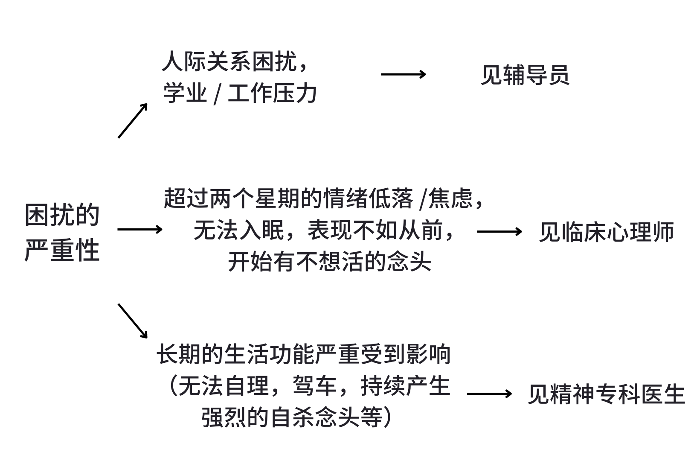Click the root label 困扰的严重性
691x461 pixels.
[62, 232]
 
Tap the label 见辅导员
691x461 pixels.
[525, 76]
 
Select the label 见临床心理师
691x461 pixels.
[606, 232]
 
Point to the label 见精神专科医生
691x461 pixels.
[606, 394]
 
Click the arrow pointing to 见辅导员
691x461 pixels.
[403, 74]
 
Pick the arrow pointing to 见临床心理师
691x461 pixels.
[499, 231]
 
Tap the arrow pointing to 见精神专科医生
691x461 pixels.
[489, 393]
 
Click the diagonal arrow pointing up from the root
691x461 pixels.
[133, 120]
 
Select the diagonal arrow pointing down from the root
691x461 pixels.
[133, 321]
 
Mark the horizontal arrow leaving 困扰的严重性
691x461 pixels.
[140, 230]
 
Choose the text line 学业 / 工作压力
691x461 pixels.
[240, 93]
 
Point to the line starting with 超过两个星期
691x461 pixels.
[324, 198]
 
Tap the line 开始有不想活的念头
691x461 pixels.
[329, 261]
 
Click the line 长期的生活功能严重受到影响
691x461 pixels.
[304, 354]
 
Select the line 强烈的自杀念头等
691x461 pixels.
[296, 417]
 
